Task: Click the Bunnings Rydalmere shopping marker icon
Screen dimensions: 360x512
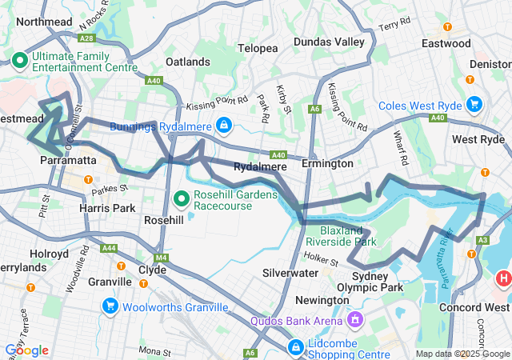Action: [x=224, y=126]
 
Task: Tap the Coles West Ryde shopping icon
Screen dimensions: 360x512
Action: [x=474, y=104]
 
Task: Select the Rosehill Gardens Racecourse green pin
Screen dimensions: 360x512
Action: [x=182, y=198]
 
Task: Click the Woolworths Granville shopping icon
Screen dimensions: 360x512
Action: [x=110, y=305]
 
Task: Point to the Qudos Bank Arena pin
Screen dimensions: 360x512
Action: [x=355, y=320]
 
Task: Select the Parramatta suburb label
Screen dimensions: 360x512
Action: [x=68, y=161]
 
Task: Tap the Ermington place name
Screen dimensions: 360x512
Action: [x=327, y=163]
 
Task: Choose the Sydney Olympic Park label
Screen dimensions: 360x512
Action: [x=376, y=282]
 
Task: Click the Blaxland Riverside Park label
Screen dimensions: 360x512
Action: [x=342, y=235]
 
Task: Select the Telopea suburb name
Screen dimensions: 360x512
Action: [x=258, y=49]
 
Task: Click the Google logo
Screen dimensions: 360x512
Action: [x=26, y=350]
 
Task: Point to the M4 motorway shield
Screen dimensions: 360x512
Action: [x=161, y=258]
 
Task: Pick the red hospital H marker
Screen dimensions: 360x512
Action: [x=503, y=278]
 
